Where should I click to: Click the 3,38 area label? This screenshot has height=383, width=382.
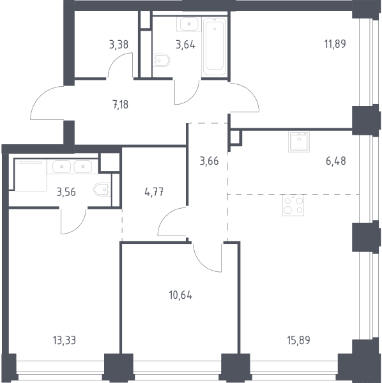pos(119,45)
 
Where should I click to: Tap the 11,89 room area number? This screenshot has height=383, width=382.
pos(335,44)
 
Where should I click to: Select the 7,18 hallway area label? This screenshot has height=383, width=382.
pos(121,105)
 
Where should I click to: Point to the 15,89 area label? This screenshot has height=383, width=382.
pos(299,340)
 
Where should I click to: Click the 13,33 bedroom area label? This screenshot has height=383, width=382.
pos(65,340)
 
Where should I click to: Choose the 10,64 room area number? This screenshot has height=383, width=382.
pos(181,296)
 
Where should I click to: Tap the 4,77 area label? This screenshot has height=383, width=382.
pos(154,192)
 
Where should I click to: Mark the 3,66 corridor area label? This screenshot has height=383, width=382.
pos(210,161)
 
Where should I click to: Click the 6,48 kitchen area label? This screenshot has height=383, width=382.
pos(336,161)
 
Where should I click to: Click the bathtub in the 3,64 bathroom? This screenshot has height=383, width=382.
pos(215,47)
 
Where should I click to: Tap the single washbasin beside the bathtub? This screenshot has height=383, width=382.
pos(189,24)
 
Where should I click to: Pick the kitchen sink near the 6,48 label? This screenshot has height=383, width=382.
pos(299,142)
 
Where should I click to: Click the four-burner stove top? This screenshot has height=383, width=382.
pos(293,205)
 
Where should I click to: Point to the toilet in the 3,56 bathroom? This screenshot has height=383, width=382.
pos(102,190)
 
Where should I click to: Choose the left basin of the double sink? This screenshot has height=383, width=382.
pos(61,167)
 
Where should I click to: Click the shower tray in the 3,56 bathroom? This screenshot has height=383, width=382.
pos(31,175)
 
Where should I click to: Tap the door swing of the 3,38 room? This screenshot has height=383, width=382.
pos(120,64)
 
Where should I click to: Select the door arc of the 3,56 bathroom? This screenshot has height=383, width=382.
pos(73,221)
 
